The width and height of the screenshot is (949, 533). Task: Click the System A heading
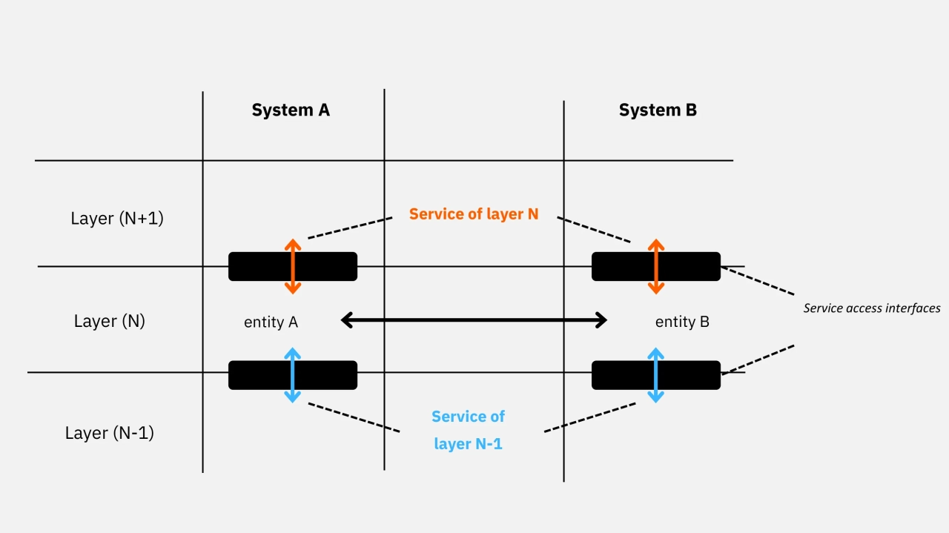pos(291,110)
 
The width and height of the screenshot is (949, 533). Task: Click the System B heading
pos(658,110)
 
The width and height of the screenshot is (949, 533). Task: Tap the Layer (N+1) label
pos(117,219)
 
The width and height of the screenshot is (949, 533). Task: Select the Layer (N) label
pos(110,321)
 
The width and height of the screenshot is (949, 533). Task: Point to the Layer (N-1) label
pos(110,433)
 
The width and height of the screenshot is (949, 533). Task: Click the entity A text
pos(271,322)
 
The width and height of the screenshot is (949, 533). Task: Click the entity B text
pos(682,322)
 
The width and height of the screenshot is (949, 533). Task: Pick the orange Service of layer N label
pos(474,214)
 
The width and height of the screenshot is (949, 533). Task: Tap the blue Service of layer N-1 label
pos(469,430)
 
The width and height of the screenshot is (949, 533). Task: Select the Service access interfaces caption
pos(872,308)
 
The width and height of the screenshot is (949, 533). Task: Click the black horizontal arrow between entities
pos(474,320)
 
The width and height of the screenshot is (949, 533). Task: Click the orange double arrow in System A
pos(293,266)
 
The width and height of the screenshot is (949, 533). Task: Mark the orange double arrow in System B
pos(655,266)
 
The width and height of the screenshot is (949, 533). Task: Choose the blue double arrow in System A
pos(293,375)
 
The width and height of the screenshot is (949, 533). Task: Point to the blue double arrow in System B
pos(655,375)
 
